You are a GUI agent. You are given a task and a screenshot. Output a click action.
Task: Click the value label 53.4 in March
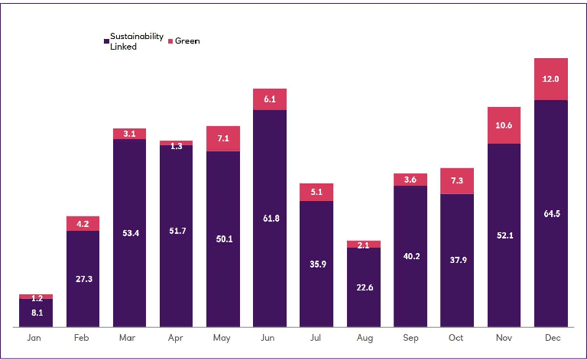point(130,232)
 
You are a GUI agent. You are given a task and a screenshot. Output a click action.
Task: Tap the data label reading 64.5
point(551,213)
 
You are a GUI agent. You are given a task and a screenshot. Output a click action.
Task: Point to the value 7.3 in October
point(457,180)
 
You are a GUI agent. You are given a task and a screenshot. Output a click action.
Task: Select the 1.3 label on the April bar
point(177,146)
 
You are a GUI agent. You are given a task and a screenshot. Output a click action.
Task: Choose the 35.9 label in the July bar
point(316,264)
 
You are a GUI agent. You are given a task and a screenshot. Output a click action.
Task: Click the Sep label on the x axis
point(410,337)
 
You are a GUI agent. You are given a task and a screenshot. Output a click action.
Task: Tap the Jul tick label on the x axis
point(316,337)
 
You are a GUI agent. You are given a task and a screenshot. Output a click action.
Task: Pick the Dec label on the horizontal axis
point(551,337)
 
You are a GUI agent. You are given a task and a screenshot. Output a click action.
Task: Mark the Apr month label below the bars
point(177,337)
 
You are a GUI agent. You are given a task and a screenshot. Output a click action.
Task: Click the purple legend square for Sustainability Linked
point(105,41)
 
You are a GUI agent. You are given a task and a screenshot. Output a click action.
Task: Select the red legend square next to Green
point(170,41)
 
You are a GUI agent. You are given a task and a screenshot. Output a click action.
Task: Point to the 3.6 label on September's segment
point(410,180)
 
